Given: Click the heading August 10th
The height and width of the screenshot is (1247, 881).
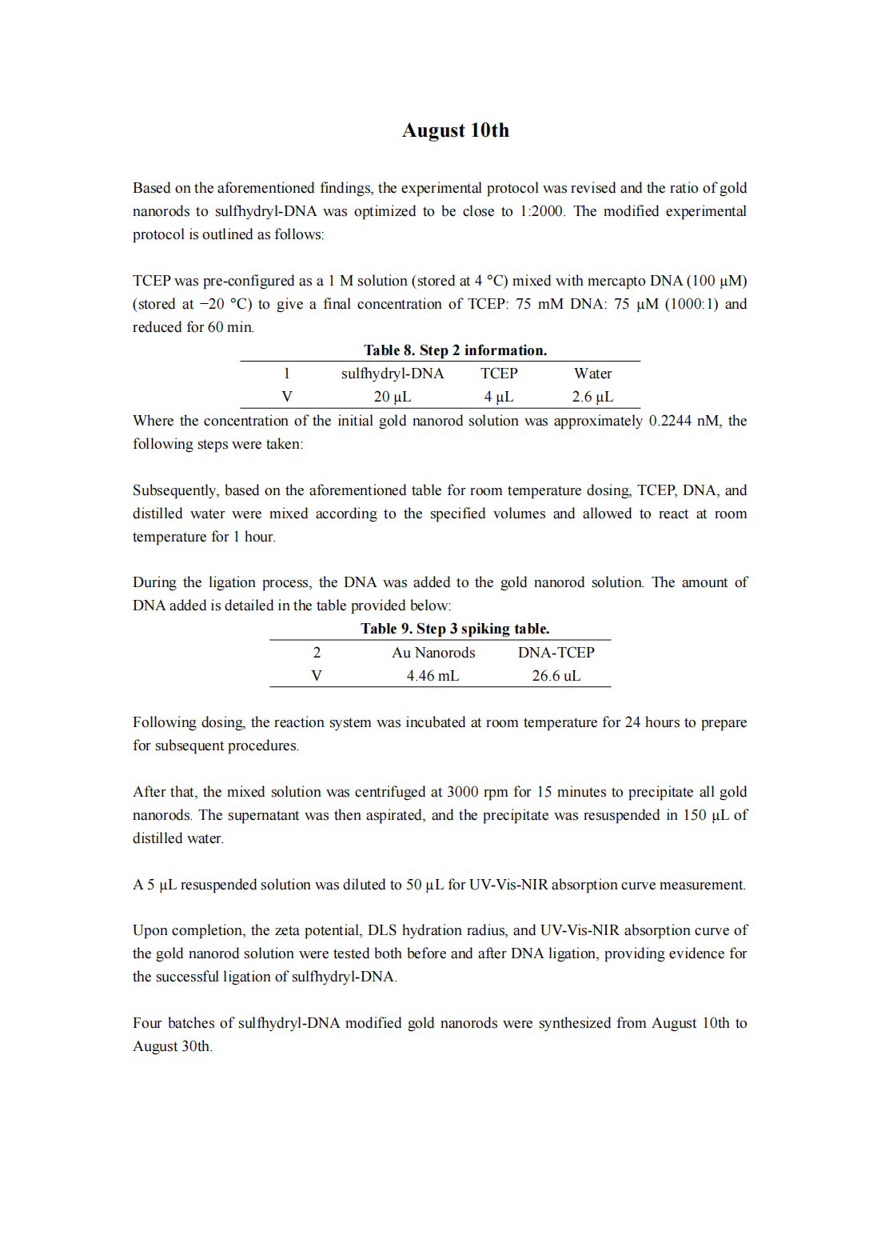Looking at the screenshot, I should pos(455,130).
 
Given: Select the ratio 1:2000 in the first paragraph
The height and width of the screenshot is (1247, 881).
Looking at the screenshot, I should pos(541,211).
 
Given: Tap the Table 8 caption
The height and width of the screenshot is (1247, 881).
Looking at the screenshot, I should pos(455,350).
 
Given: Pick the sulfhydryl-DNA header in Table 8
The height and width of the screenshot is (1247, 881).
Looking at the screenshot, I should pos(392,374).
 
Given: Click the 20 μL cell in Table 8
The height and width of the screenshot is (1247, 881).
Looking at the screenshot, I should pos(392,397).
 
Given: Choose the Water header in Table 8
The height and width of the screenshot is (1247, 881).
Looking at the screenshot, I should pos(592,374).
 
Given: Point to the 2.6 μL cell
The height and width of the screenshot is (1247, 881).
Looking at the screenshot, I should pos(592,397).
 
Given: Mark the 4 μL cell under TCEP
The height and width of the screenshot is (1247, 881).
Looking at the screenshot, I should pos(498,397).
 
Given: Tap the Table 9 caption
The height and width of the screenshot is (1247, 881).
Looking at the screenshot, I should pos(455,629).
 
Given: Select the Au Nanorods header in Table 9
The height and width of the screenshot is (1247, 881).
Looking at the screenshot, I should pos(433,653).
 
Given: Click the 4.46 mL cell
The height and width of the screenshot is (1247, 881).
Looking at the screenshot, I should pos(433,676).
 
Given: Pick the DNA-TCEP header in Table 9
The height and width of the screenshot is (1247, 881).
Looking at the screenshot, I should pos(556,653).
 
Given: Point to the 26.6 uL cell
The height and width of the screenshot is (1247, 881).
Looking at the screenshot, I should pos(556,676).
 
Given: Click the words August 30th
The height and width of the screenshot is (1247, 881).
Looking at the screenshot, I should pos(172,1046).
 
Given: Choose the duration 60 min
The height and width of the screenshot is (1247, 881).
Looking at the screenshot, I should pos(230,327).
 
